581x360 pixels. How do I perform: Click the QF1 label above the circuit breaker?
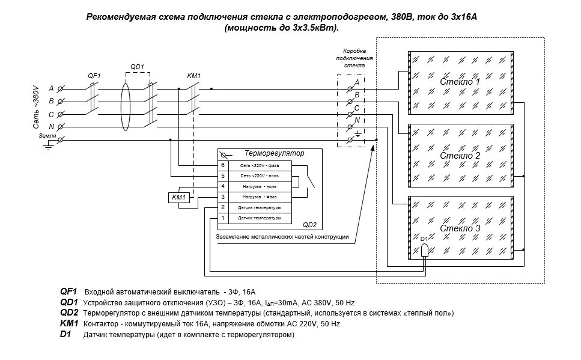pos(94,75)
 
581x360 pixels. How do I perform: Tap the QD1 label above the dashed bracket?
pos(138,67)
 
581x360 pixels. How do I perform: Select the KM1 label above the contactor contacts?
pos(194,75)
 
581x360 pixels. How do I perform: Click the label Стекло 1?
pos(460,81)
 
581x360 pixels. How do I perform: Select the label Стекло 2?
pos(460,156)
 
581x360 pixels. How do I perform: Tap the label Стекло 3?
pos(460,228)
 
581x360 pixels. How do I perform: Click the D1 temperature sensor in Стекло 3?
pos(424,249)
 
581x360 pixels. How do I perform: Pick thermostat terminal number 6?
pos(222,165)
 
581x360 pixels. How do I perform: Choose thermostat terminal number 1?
pos(222,218)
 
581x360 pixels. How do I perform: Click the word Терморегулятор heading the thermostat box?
pos(275,153)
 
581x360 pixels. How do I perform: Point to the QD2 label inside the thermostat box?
pos(309,225)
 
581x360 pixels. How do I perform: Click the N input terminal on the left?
pos(60,126)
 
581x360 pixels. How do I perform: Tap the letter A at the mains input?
pos(51,88)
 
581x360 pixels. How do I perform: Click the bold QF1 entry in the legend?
pos(68,291)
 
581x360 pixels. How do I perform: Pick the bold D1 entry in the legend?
pos(65,334)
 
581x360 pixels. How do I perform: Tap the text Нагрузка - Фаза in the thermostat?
pos(260,197)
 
